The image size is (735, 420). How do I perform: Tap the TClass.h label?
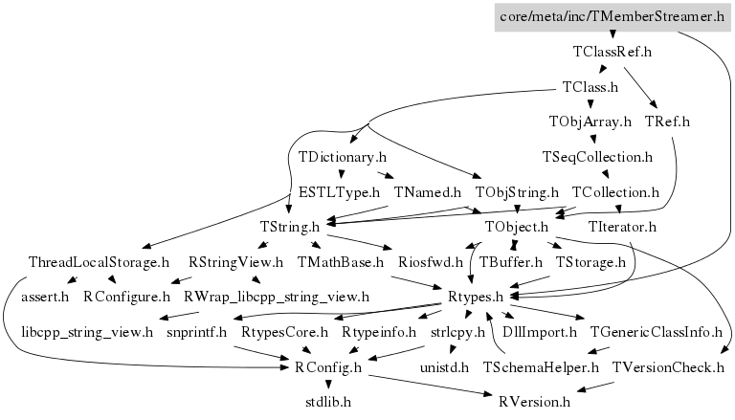click(590, 87)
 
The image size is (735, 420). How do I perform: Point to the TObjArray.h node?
click(590, 122)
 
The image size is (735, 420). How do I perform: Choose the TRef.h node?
click(667, 122)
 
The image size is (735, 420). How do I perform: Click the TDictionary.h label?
click(342, 157)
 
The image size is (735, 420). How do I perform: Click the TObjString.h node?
click(517, 192)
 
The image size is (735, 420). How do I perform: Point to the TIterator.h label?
click(623, 227)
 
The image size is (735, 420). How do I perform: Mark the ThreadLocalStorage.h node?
click(99, 261)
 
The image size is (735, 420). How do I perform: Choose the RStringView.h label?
click(235, 261)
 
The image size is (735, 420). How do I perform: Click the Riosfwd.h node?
click(431, 261)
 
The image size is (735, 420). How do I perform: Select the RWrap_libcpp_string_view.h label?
click(276, 297)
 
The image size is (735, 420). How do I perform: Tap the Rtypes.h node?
click(476, 297)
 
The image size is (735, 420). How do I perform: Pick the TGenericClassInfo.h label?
click(657, 332)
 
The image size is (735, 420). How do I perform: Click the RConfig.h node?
click(327, 366)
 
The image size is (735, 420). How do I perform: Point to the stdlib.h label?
click(327, 402)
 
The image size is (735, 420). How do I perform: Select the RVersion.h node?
click(533, 402)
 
